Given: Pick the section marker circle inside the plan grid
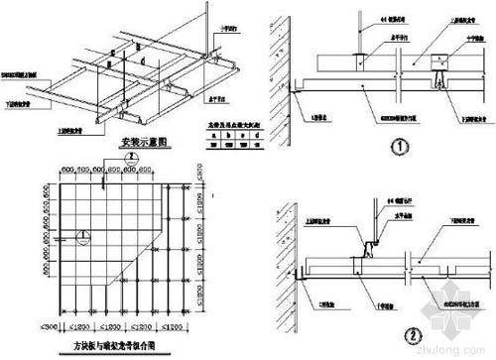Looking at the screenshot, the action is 84,235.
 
